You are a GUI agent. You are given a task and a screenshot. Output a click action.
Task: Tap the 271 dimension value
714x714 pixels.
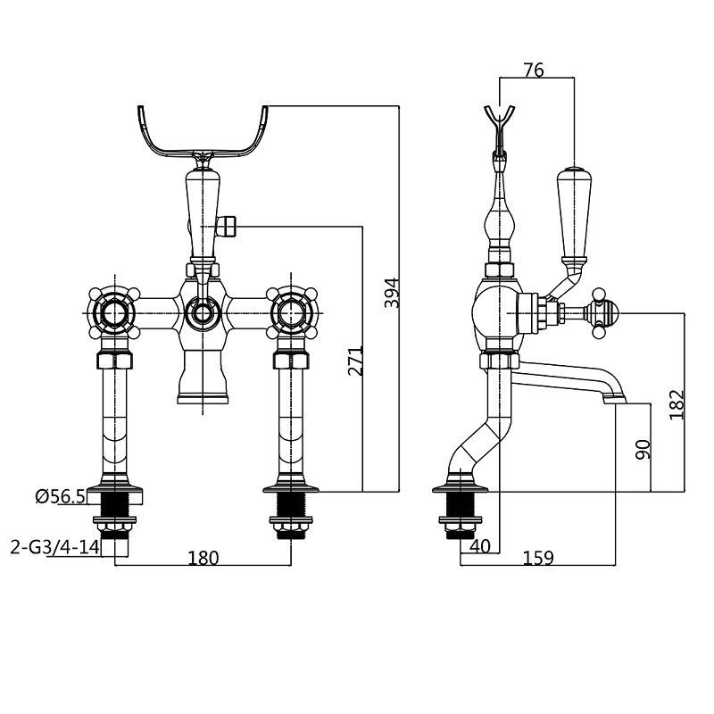click(x=355, y=361)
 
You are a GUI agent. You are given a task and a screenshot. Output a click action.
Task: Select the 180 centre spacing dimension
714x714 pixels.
click(x=203, y=558)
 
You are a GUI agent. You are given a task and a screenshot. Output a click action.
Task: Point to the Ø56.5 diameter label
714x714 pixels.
click(x=60, y=497)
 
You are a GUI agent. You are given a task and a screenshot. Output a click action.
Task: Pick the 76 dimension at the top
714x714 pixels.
click(x=534, y=71)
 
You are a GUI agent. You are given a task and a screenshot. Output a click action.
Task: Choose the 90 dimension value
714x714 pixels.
click(x=642, y=448)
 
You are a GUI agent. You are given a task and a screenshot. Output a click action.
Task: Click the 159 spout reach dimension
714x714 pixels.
click(x=538, y=558)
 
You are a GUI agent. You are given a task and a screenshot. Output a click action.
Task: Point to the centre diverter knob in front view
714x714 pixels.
click(x=203, y=312)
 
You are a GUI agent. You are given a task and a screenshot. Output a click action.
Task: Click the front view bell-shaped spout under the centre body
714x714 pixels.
click(x=203, y=375)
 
